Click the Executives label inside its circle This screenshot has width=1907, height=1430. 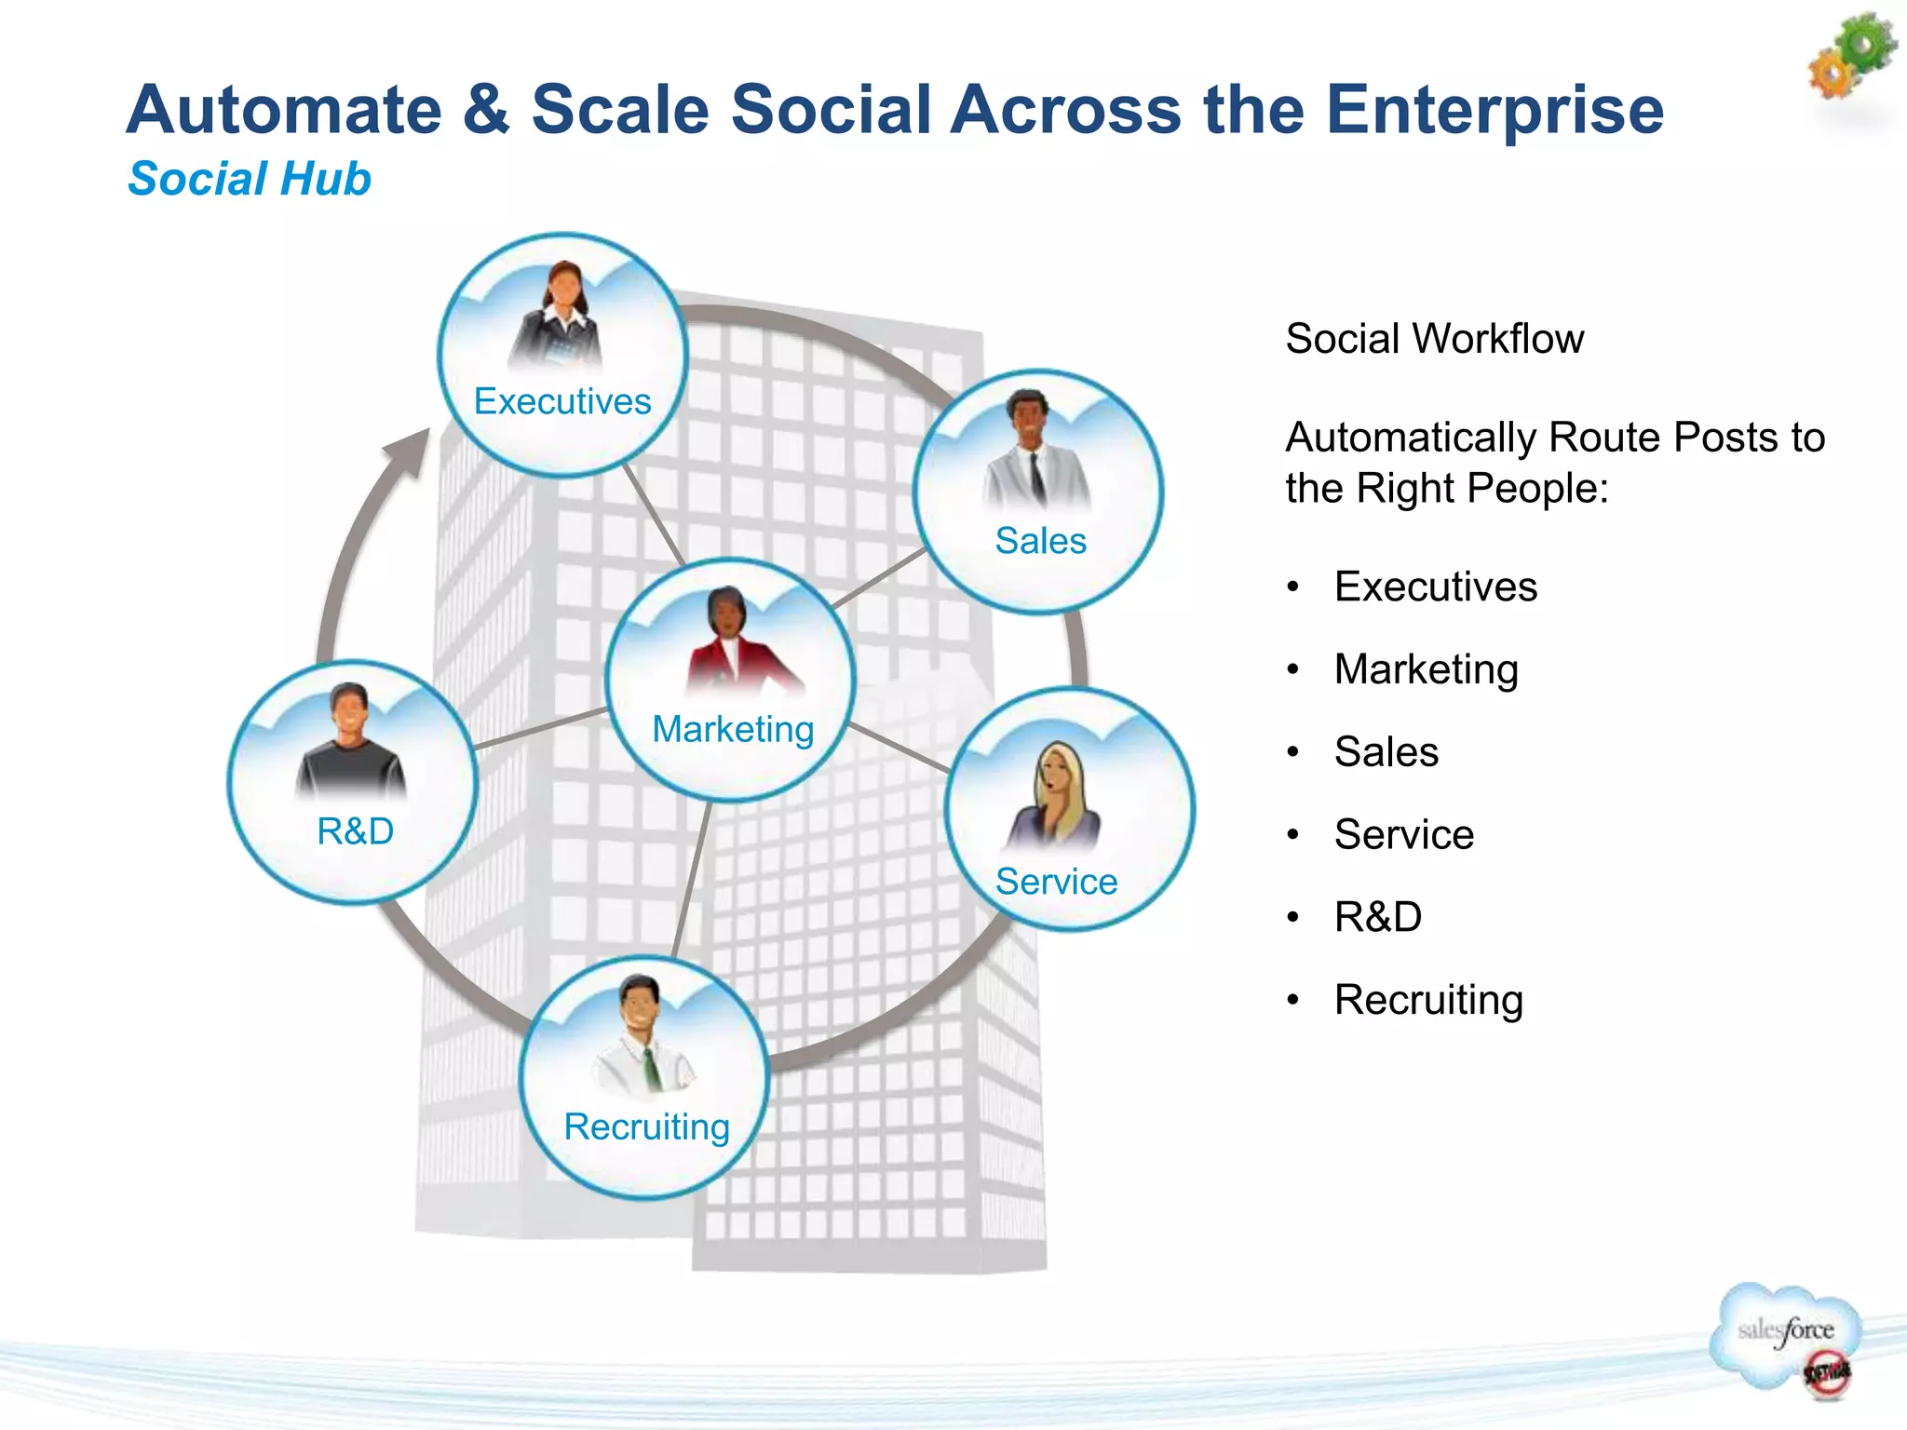(x=562, y=401)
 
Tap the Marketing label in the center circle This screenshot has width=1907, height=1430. (x=733, y=729)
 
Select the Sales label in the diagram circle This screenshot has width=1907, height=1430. (x=1040, y=541)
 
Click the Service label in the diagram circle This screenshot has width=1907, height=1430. (x=1056, y=882)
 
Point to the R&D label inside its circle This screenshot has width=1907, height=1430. (x=355, y=830)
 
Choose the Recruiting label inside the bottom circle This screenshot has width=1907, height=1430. (x=646, y=1126)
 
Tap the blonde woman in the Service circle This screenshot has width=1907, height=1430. (x=1058, y=796)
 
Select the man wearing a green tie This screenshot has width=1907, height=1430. (x=642, y=1038)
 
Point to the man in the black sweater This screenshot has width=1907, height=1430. (x=350, y=745)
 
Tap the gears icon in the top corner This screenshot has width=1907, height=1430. (x=1851, y=56)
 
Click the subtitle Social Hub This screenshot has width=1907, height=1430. (x=249, y=179)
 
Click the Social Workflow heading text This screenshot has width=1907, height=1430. (x=1434, y=339)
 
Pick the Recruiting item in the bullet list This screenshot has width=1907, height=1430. (x=1427, y=1000)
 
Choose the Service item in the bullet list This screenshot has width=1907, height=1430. (x=1403, y=834)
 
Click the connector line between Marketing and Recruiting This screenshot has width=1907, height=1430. (x=693, y=880)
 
